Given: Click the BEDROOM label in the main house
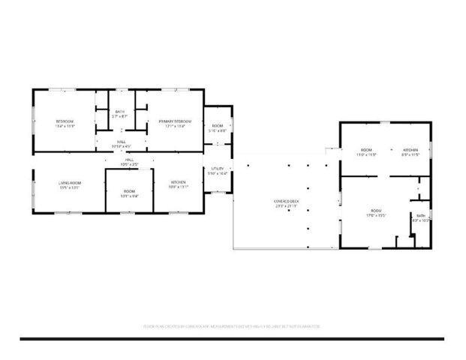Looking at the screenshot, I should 64,121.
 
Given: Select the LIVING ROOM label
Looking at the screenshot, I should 69,183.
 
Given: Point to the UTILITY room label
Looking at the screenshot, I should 218,169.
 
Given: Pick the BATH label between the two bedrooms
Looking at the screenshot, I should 120,112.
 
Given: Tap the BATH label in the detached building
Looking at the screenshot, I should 420,216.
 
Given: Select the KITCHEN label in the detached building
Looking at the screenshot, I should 410,150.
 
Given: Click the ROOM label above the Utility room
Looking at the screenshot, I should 218,125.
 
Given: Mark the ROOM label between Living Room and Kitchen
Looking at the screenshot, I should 129,191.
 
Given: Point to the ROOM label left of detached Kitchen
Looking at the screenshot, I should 366,150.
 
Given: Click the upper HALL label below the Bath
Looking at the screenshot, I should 121,141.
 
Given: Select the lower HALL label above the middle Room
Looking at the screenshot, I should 129,160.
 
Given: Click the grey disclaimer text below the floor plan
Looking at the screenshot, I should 232,326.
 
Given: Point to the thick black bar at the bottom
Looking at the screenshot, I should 232,339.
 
